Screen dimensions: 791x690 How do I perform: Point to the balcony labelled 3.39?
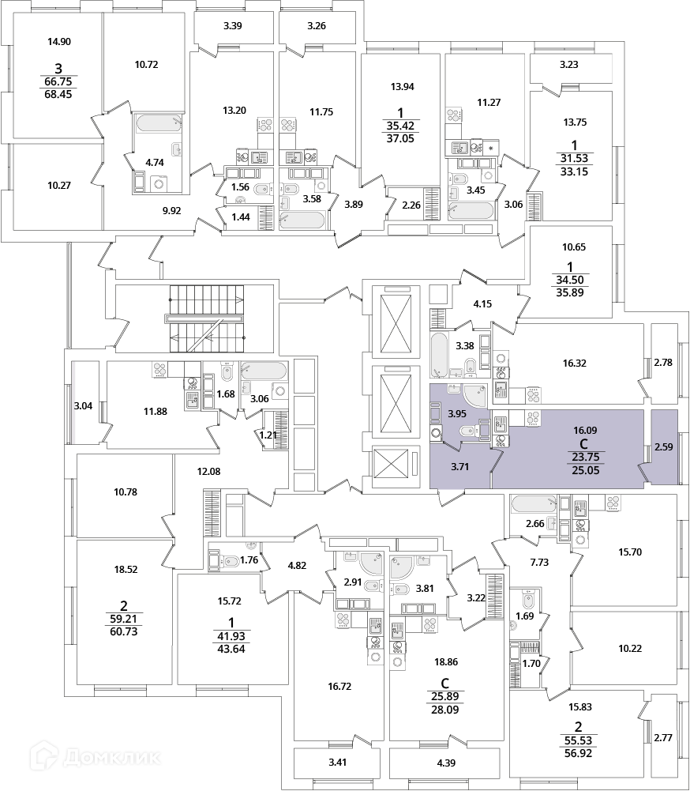pos(232,27)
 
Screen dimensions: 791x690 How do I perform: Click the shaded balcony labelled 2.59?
pos(664,446)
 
